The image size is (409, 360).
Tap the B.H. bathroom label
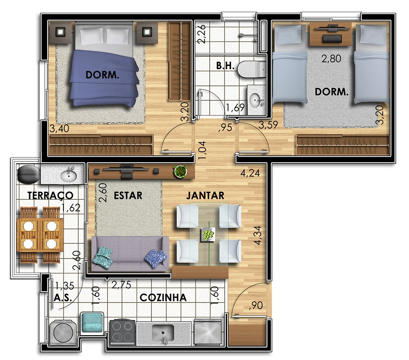(x=225, y=66)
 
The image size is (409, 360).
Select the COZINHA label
(x=163, y=298)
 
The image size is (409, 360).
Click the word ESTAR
(x=128, y=195)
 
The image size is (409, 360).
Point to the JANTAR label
(x=205, y=195)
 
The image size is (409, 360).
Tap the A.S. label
(x=63, y=298)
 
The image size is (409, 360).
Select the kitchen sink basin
(x=163, y=333)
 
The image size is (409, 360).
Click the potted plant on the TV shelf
(x=181, y=171)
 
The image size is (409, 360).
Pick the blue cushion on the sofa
(x=156, y=258)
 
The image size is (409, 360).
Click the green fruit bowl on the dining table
(x=208, y=234)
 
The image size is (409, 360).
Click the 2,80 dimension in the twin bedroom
(x=331, y=58)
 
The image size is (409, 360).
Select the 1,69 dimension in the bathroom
(x=235, y=107)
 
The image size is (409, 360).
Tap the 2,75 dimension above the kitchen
(x=121, y=284)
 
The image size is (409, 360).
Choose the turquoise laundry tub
(x=91, y=323)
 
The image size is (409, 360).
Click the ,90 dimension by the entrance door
(x=256, y=306)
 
